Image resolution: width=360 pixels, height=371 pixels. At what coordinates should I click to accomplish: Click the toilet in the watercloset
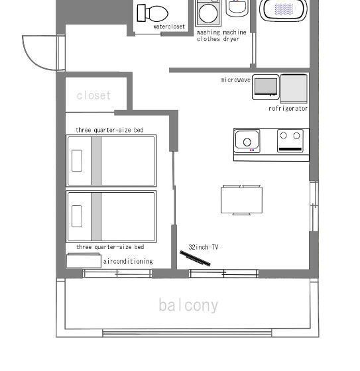coord(152,13)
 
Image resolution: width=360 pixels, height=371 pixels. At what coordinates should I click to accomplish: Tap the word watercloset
coord(170,27)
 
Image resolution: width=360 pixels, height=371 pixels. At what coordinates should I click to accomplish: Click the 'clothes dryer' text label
coord(218,39)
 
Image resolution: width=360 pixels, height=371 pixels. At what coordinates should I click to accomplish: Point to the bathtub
coord(284,9)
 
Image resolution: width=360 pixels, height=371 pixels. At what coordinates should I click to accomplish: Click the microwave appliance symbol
coord(265,87)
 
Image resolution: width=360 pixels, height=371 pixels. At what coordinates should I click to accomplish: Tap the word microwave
coord(235,79)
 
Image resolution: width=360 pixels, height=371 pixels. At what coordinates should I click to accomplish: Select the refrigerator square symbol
coord(294,87)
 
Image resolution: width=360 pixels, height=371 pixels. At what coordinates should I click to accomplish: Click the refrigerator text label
coord(288,109)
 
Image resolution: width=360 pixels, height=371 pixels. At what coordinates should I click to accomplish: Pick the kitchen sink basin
coord(247,140)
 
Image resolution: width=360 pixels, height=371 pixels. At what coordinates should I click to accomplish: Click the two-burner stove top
coord(292,140)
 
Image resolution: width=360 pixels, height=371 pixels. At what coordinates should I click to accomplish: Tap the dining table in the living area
coord(241,200)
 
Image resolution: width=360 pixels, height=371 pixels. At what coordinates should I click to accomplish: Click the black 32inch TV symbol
coord(195,258)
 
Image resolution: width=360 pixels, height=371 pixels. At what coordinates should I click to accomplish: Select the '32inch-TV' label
coord(204,247)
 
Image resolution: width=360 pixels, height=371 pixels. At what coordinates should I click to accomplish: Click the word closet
coord(94,95)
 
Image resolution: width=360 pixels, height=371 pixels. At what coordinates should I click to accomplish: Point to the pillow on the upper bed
coord(77,161)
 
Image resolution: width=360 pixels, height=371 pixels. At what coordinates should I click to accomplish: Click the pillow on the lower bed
coord(77,216)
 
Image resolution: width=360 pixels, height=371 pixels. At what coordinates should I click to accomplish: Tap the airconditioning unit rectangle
coord(84,260)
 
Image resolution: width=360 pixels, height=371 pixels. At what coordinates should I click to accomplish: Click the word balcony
coord(188,305)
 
